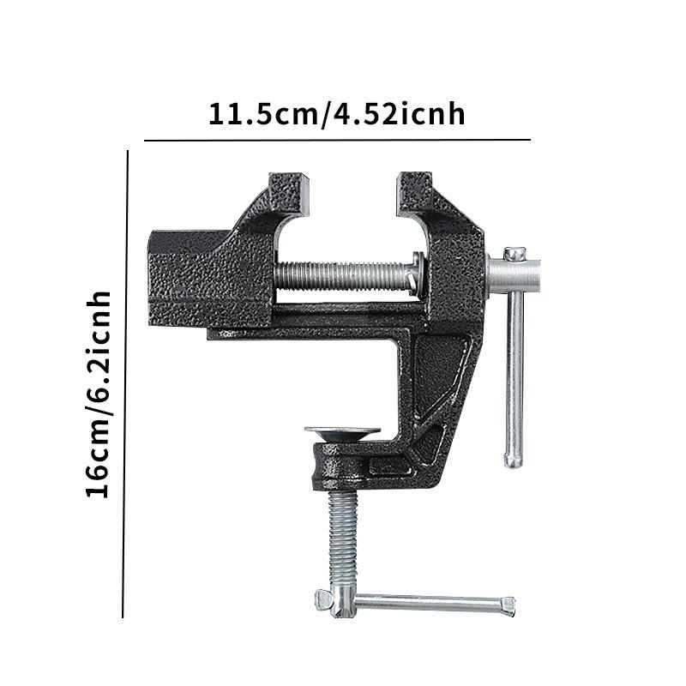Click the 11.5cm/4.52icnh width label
click(x=336, y=114)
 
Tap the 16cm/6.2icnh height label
click(x=98, y=394)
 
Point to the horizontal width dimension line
click(x=337, y=141)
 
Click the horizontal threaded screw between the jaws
click(x=345, y=275)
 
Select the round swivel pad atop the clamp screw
click(x=342, y=433)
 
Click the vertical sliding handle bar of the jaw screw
click(x=514, y=376)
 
